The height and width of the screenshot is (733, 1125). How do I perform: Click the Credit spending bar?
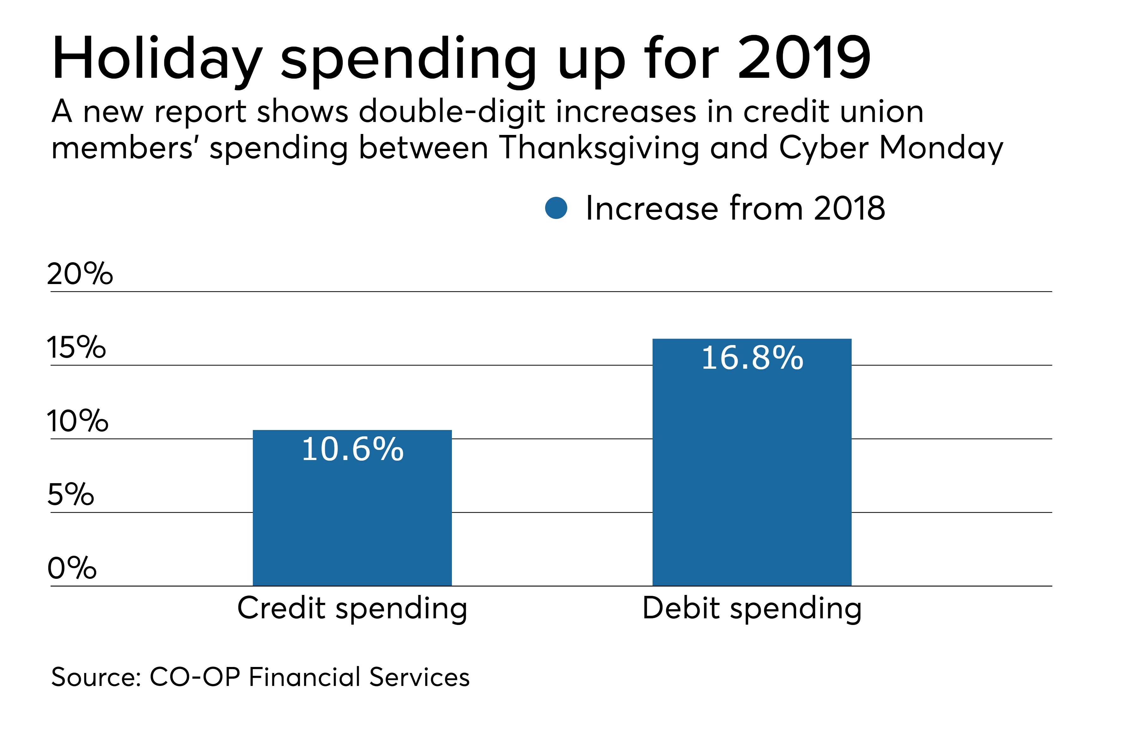[x=352, y=520]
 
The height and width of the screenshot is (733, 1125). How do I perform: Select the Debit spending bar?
[x=751, y=473]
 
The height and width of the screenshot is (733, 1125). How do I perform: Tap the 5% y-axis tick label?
[x=71, y=494]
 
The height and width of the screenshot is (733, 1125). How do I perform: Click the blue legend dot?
[x=556, y=208]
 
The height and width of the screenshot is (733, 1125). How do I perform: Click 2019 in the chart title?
[x=804, y=58]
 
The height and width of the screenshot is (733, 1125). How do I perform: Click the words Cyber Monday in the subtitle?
[x=891, y=148]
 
